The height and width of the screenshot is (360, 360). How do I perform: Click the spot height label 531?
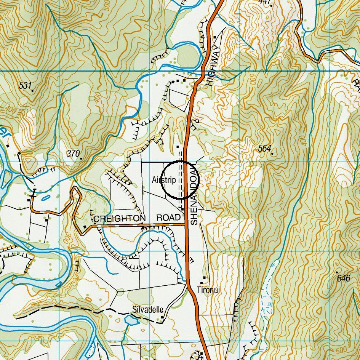click(25, 86)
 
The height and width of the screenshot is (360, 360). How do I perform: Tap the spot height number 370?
click(73, 154)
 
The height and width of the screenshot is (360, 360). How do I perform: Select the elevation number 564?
click(264, 149)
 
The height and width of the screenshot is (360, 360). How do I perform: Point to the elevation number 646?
click(344, 278)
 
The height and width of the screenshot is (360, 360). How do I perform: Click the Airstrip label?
click(164, 180)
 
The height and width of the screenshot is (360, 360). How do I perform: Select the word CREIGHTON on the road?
click(119, 219)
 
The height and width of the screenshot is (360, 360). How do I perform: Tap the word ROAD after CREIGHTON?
click(168, 218)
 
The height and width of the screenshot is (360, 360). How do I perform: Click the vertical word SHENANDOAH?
click(194, 194)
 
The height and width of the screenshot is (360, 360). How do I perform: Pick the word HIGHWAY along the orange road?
click(212, 66)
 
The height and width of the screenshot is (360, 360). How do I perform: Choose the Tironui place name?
click(208, 290)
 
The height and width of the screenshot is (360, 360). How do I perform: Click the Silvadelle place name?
click(148, 309)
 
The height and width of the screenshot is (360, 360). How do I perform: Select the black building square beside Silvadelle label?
click(163, 317)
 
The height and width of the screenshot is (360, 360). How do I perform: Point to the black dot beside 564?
click(273, 154)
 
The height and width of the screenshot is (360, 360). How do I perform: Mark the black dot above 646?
click(337, 272)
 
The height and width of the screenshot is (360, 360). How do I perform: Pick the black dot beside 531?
click(33, 91)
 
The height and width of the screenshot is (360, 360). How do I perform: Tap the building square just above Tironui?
click(205, 278)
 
